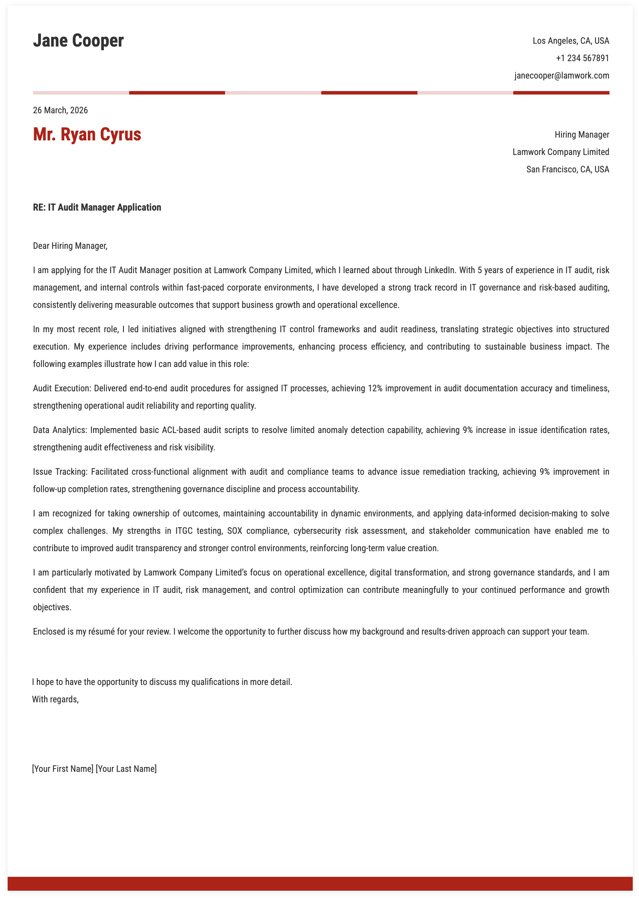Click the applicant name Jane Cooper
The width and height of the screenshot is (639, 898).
pos(78,41)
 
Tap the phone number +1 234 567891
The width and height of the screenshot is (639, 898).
pos(582,58)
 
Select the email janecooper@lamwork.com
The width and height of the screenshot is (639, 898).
pos(562,76)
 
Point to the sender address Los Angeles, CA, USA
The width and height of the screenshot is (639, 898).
pos(571,41)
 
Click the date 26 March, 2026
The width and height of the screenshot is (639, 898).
pos(60,110)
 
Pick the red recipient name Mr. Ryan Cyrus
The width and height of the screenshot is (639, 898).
pos(87,134)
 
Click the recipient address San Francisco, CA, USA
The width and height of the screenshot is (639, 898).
pos(567,169)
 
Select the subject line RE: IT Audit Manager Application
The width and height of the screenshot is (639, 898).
pos(97,207)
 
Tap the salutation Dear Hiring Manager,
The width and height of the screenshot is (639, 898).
pos(70,246)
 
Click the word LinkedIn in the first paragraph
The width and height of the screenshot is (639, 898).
pos(439,270)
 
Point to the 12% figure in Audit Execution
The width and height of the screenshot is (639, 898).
pos(375,388)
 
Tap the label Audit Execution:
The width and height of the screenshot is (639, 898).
pos(62,388)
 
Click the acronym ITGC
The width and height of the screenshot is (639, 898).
pos(184,531)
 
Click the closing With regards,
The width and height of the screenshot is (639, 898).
pos(56,699)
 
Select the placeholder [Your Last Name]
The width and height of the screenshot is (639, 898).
pos(126,768)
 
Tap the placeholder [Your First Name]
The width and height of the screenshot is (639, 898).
pos(63,768)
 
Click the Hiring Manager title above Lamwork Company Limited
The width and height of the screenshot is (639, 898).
pos(582,134)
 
